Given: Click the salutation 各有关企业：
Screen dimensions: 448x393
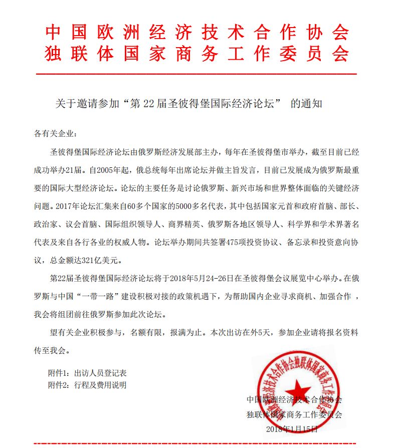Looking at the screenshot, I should [56, 134].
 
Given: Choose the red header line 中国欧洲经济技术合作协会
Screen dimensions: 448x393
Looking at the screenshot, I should [197, 32].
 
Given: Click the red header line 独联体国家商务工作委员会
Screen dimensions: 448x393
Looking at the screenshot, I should [197, 54].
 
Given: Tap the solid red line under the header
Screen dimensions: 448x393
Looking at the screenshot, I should [197, 74].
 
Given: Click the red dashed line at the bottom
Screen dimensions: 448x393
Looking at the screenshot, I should [197, 443].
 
